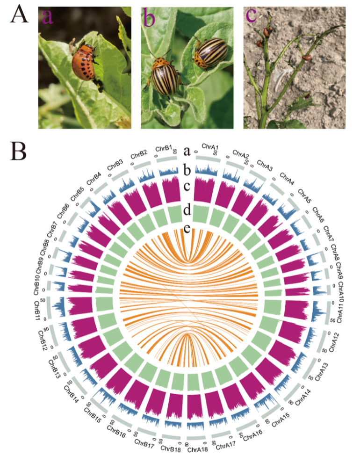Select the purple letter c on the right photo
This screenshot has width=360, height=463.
[x=251, y=15]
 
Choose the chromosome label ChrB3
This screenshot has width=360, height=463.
[x=115, y=165]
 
